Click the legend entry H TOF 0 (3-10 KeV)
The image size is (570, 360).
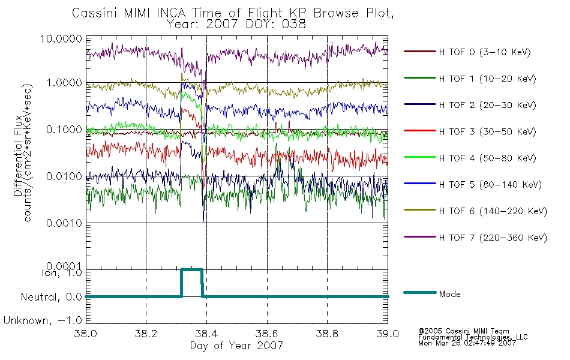467,52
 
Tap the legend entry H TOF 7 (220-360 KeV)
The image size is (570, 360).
475,238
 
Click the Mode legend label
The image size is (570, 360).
449,294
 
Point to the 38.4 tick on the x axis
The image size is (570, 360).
206,334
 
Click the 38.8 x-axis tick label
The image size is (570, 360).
327,334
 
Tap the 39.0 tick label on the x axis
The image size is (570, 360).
388,334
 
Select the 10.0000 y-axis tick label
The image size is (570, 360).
61,38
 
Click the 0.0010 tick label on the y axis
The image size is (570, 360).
64,223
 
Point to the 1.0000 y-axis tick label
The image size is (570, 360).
64,83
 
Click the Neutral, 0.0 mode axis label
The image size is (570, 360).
51,298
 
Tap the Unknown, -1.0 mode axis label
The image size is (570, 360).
43,321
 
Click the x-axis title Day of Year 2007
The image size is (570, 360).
236,346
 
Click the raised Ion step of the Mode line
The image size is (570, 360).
191,270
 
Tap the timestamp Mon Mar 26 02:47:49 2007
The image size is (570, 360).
467,343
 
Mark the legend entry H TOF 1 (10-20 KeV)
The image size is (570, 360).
470,79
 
